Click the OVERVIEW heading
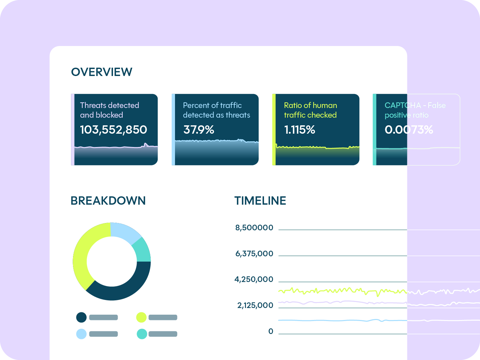click(102, 72)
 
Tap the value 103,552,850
click(113, 130)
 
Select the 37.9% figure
click(199, 130)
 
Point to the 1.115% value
click(299, 130)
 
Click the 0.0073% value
click(409, 130)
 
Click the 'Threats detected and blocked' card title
click(109, 110)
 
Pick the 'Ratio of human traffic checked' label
click(310, 110)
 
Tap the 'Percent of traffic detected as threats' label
click(216, 110)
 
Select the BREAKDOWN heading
click(108, 201)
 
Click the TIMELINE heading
click(260, 201)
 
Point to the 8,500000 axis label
click(254, 228)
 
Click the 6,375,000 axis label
click(254, 254)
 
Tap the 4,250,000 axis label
click(254, 279)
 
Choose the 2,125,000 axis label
click(255, 305)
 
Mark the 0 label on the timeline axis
click(271, 331)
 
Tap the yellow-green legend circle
click(141, 317)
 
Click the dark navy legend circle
click(81, 317)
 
